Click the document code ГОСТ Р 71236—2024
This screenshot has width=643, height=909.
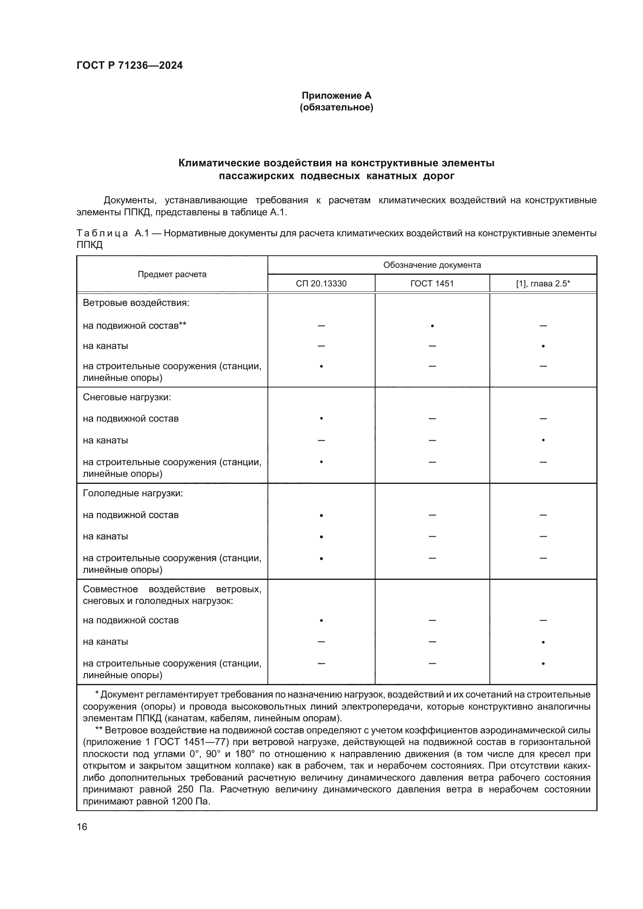[x=129, y=65]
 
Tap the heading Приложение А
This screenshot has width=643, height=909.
[x=336, y=96]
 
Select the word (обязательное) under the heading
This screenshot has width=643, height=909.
[x=336, y=107]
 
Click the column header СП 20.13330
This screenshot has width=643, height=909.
[x=321, y=283]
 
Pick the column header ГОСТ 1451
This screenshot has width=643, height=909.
[x=432, y=283]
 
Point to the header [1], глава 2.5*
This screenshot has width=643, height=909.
[x=543, y=283]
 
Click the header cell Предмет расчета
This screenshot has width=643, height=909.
[x=172, y=274]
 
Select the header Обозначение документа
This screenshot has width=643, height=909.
[x=432, y=265]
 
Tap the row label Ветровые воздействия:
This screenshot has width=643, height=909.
[x=136, y=303]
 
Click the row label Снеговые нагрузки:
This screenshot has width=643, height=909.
[x=127, y=397]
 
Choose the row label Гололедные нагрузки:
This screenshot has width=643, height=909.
[x=133, y=493]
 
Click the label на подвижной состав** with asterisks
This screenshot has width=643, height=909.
[x=135, y=326]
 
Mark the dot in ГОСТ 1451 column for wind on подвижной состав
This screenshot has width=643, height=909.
[x=432, y=326]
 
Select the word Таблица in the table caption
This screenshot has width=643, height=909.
[x=102, y=233]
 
